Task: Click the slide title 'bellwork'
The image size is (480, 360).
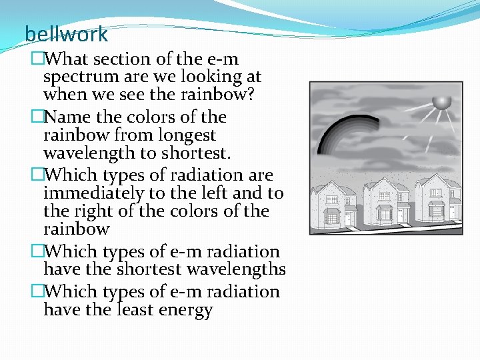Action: point(66,33)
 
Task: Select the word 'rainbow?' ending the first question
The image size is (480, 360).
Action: point(220,95)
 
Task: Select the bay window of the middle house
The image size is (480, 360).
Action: point(385,214)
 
